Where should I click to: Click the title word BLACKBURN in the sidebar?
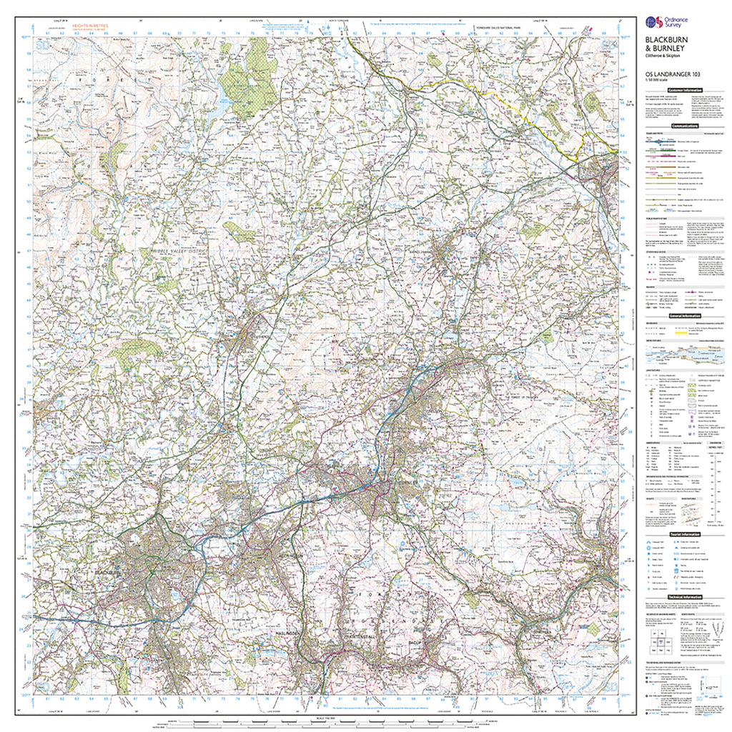tap(661, 41)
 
